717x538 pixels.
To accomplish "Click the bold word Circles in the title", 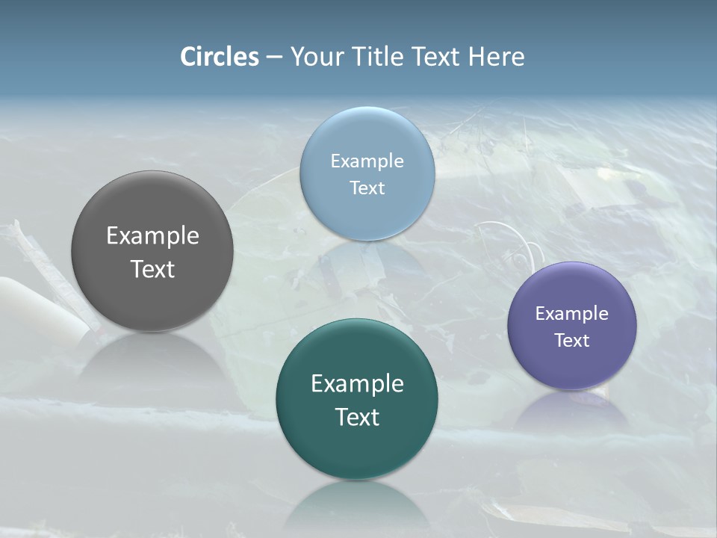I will click(x=220, y=57).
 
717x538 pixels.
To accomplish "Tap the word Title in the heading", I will click(x=376, y=57).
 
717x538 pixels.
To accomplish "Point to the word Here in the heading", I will click(x=496, y=57).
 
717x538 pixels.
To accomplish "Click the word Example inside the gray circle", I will click(x=152, y=236).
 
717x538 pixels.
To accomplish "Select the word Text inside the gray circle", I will click(x=152, y=269).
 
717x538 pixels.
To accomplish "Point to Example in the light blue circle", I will click(x=367, y=161).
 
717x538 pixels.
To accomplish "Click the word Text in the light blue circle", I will click(x=367, y=188).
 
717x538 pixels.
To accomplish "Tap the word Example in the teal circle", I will click(x=357, y=384).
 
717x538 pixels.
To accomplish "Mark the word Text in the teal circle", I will click(x=357, y=417).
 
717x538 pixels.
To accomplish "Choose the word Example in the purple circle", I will click(x=571, y=314).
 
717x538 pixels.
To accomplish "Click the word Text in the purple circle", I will click(x=571, y=341).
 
